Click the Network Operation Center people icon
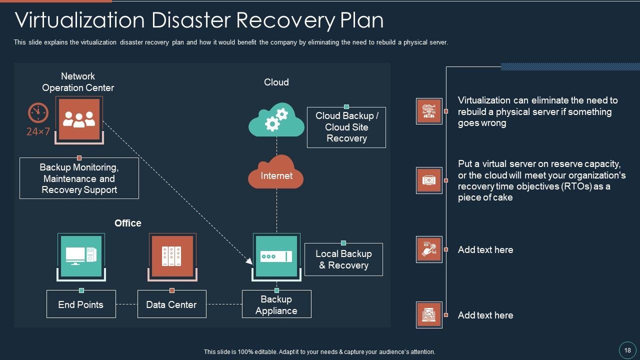[x=79, y=119]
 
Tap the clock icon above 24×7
[x=38, y=113]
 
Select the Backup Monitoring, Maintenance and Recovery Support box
[x=79, y=178]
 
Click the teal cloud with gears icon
[x=276, y=120]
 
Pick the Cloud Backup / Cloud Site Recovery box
[x=346, y=127]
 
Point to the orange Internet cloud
[x=276, y=172]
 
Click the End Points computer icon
[x=81, y=256]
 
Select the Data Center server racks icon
[x=171, y=256]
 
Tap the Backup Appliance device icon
[x=276, y=256]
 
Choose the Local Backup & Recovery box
[x=343, y=259]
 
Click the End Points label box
[x=81, y=304]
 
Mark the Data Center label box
[x=171, y=304]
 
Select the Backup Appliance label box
[x=276, y=304]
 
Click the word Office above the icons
[x=128, y=223]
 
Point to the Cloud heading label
[x=276, y=82]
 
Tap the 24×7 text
[x=38, y=132]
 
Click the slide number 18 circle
[x=627, y=350]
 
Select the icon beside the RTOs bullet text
[x=429, y=180]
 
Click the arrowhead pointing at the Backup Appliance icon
[x=249, y=260]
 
